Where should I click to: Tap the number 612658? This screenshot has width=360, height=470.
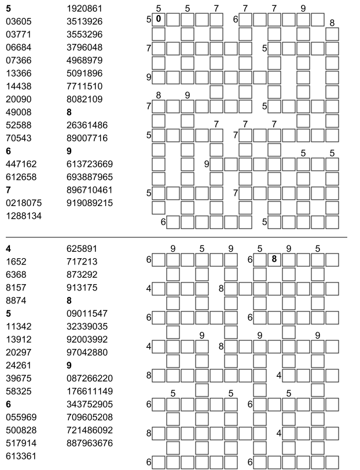tap(21, 177)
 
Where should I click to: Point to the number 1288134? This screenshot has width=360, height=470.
tap(24, 215)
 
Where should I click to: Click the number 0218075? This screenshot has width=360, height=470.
tap(24, 203)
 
